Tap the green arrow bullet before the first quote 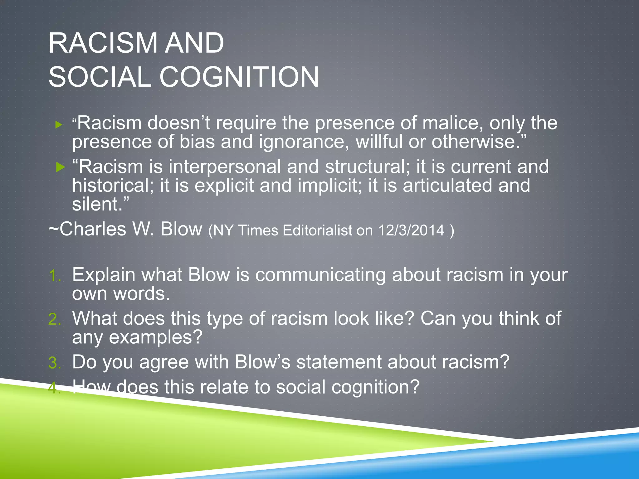point(59,125)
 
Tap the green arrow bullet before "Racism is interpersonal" point(60,167)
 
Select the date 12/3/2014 point(411,231)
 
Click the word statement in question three point(339,362)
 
